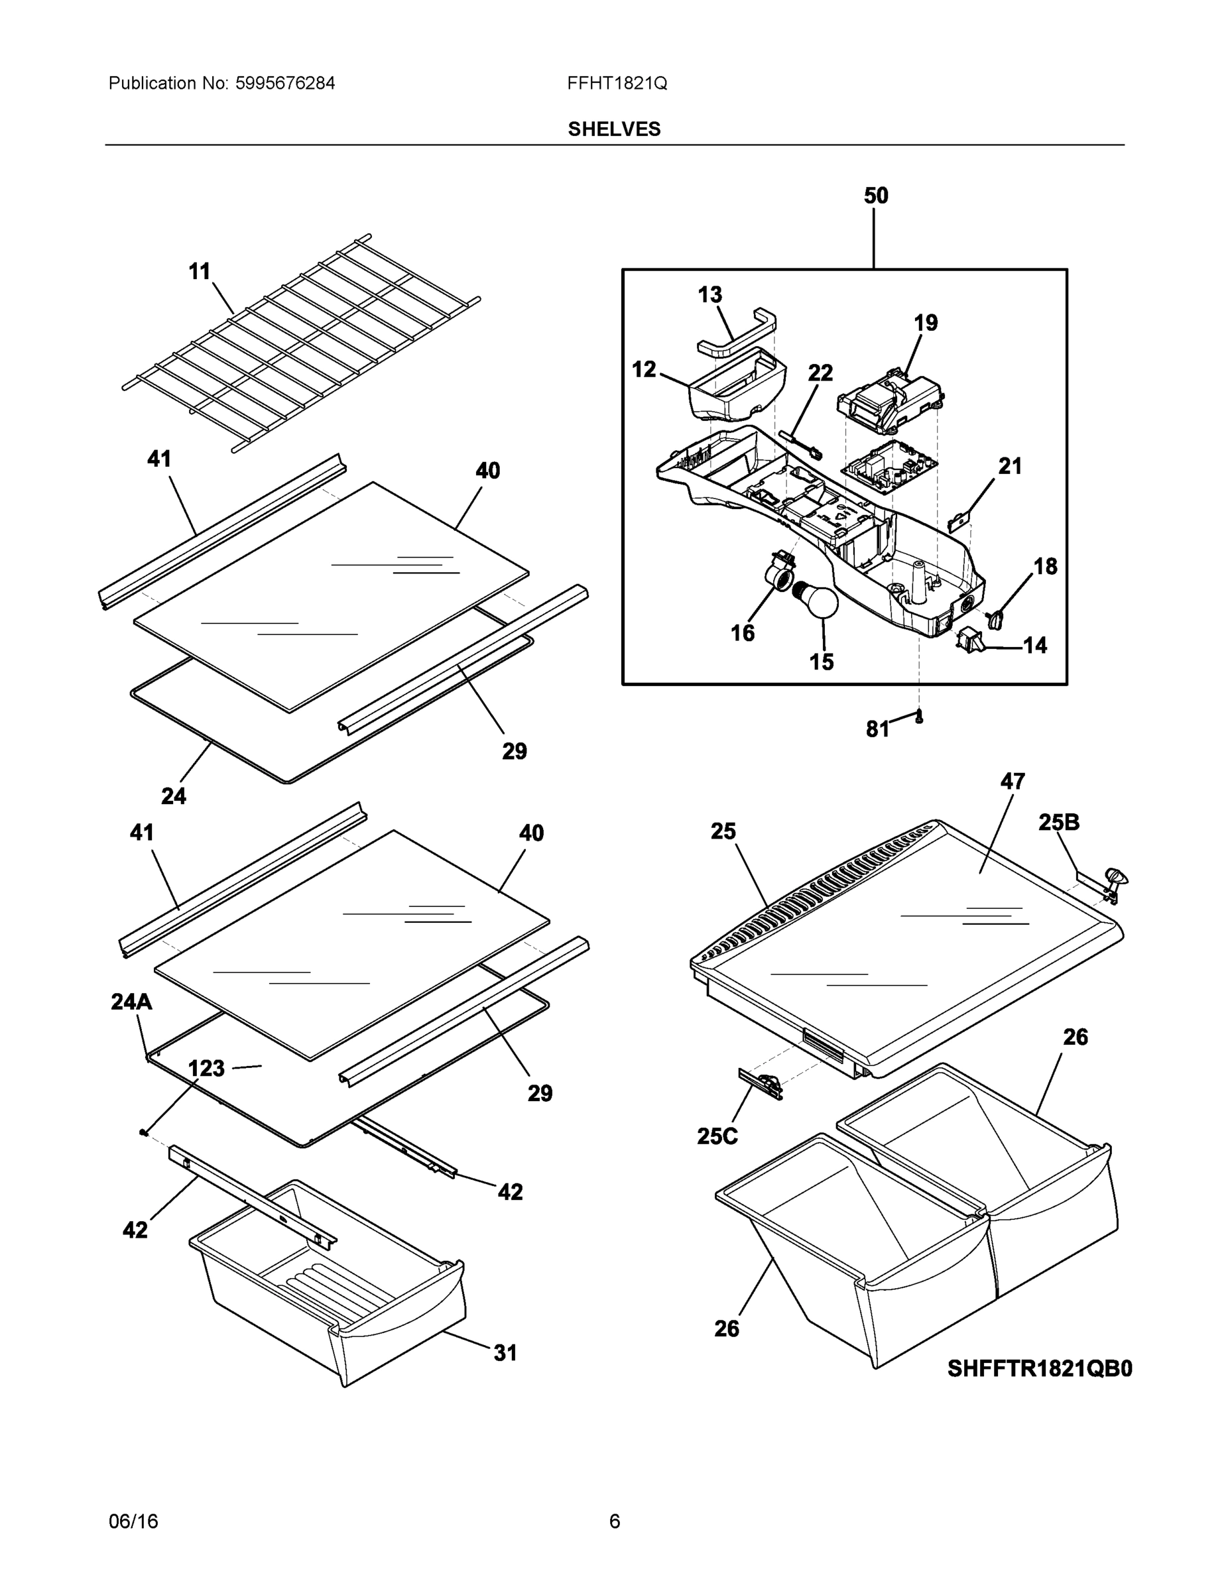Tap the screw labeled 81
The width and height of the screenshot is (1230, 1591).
click(920, 717)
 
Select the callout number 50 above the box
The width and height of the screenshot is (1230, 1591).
click(876, 196)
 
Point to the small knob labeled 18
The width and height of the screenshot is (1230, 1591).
click(996, 619)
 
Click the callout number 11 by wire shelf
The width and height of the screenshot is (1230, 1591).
click(200, 272)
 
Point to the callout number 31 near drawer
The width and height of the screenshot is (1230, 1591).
click(505, 1353)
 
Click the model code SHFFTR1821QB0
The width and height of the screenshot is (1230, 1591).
click(1040, 1369)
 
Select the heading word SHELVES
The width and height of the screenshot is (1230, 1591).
click(614, 129)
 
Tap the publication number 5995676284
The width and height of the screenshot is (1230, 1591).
click(285, 84)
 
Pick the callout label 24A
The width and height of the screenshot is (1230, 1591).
click(131, 1002)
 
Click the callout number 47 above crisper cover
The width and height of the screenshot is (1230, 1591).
click(1012, 782)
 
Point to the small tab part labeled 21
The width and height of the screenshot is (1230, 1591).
click(960, 521)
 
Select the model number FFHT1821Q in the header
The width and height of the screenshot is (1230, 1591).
click(617, 84)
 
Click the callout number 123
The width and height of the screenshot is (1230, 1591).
click(206, 1069)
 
